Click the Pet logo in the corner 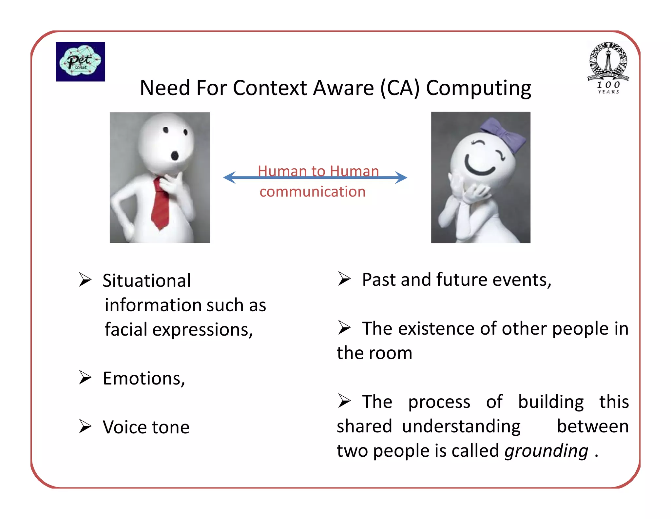[80, 62]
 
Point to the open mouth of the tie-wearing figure [175, 156]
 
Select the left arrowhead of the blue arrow [230, 177]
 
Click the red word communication [312, 192]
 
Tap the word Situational [146, 281]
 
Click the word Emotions [144, 379]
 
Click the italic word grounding [546, 451]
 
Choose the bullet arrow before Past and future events [344, 279]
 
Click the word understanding [461, 426]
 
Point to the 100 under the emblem [608, 85]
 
